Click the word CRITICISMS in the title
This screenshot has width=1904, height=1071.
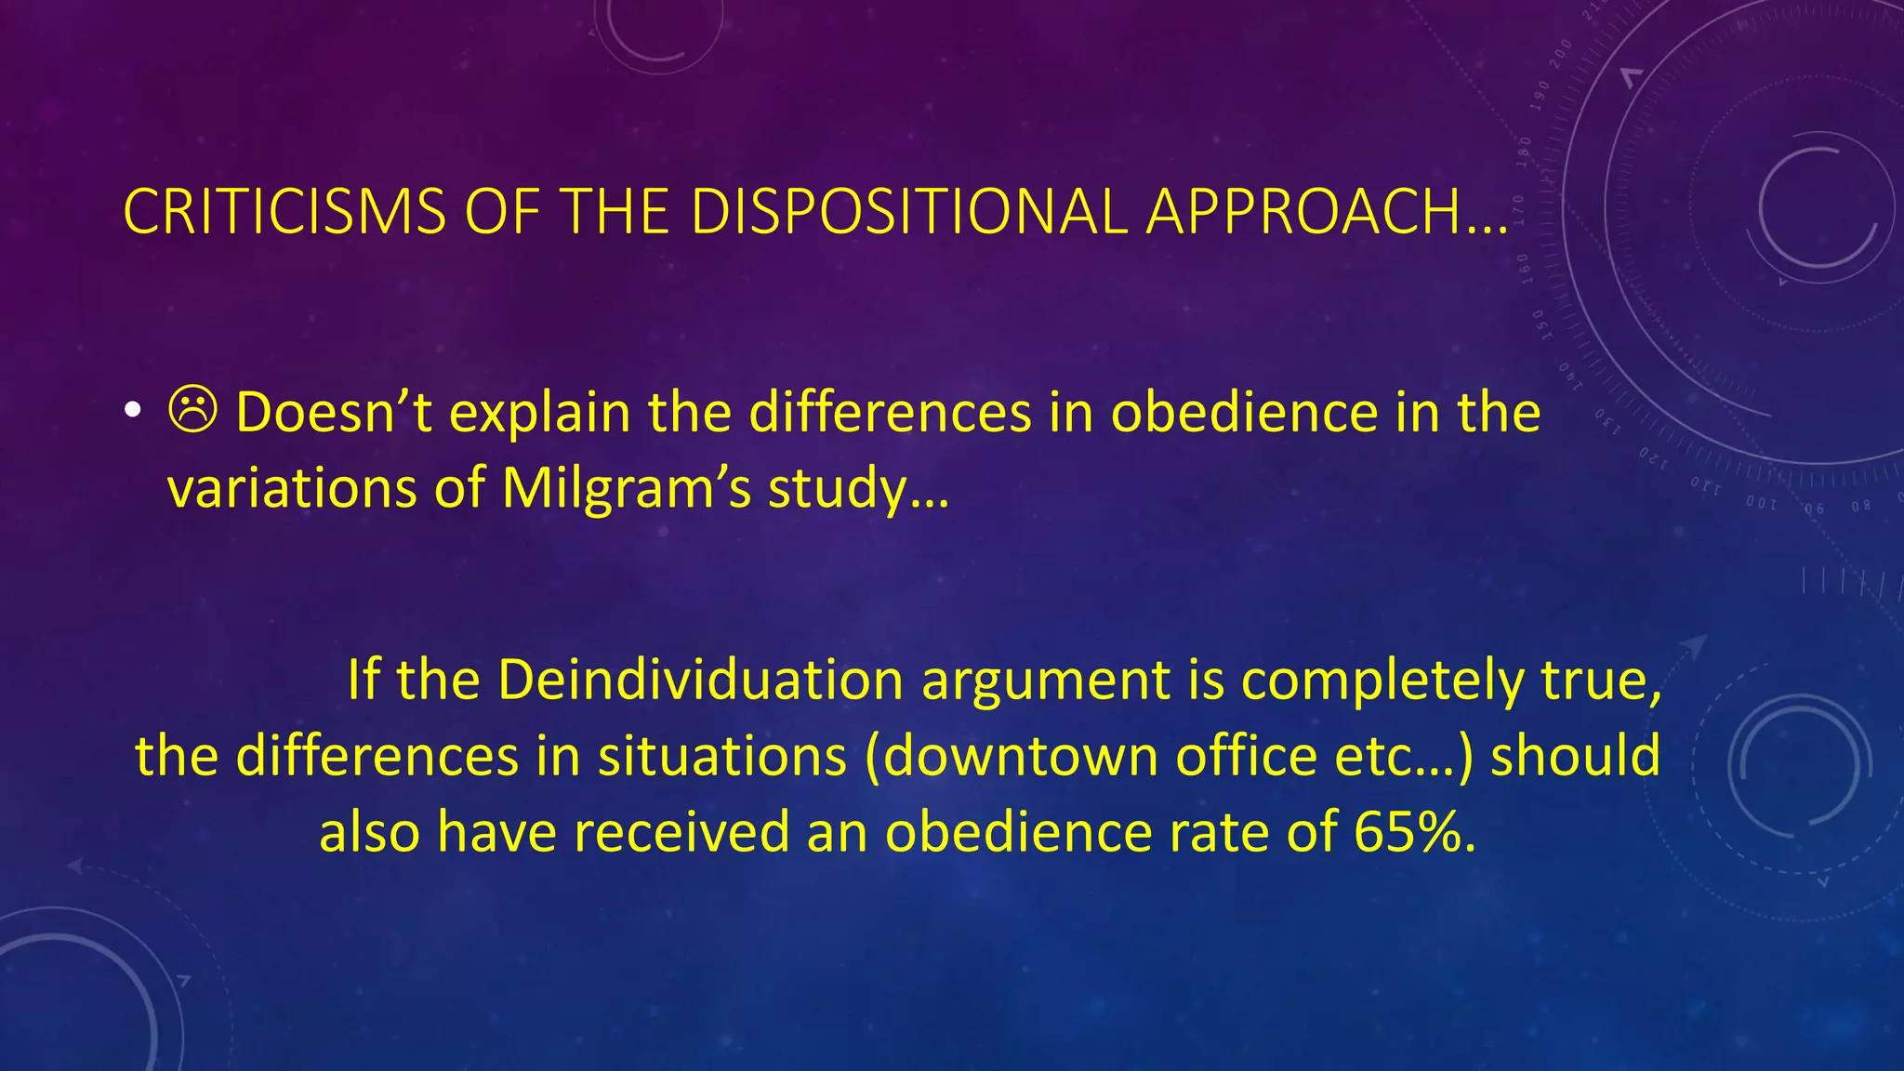(x=284, y=212)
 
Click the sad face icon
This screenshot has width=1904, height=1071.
(x=193, y=411)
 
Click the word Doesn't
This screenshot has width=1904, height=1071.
(x=334, y=413)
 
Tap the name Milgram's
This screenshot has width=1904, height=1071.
(x=626, y=489)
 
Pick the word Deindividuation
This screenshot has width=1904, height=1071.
(x=699, y=681)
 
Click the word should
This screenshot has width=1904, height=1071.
(x=1575, y=756)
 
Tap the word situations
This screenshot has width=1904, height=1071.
(x=721, y=756)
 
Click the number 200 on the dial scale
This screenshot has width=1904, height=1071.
(x=1561, y=53)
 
